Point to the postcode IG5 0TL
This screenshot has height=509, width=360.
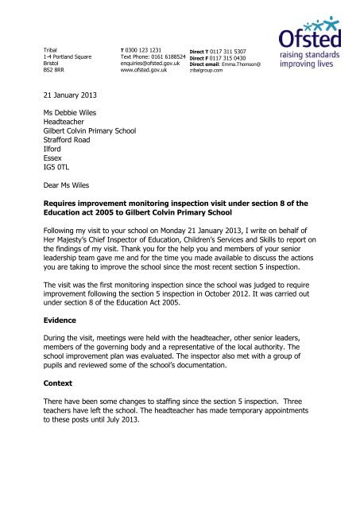[x=58, y=168]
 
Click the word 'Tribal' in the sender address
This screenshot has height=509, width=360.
[x=52, y=49]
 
